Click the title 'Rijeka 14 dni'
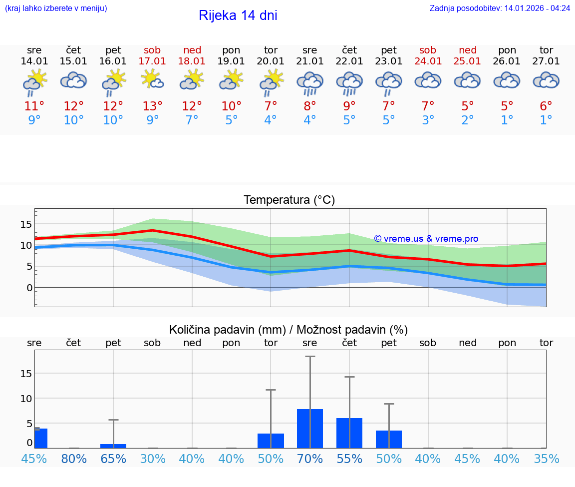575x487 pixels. click(238, 15)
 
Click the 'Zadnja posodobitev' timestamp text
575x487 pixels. click(500, 8)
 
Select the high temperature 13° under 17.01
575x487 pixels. click(153, 106)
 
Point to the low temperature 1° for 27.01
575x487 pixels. click(546, 120)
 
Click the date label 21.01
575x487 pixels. click(310, 61)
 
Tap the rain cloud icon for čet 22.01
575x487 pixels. click(349, 82)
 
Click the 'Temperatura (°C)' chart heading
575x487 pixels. click(289, 200)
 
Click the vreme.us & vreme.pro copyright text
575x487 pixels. click(426, 239)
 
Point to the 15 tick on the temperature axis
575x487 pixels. click(26, 224)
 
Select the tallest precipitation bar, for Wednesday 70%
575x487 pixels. click(310, 428)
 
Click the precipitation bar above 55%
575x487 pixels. click(349, 433)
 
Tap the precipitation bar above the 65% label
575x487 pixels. click(113, 446)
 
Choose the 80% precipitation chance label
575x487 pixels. click(74, 459)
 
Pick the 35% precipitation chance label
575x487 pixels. click(546, 459)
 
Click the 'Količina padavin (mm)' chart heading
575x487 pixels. click(288, 330)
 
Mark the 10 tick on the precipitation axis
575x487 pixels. click(26, 398)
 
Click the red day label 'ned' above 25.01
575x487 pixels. click(468, 50)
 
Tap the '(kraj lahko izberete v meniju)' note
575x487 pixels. click(56, 8)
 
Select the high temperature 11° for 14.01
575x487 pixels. click(34, 106)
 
